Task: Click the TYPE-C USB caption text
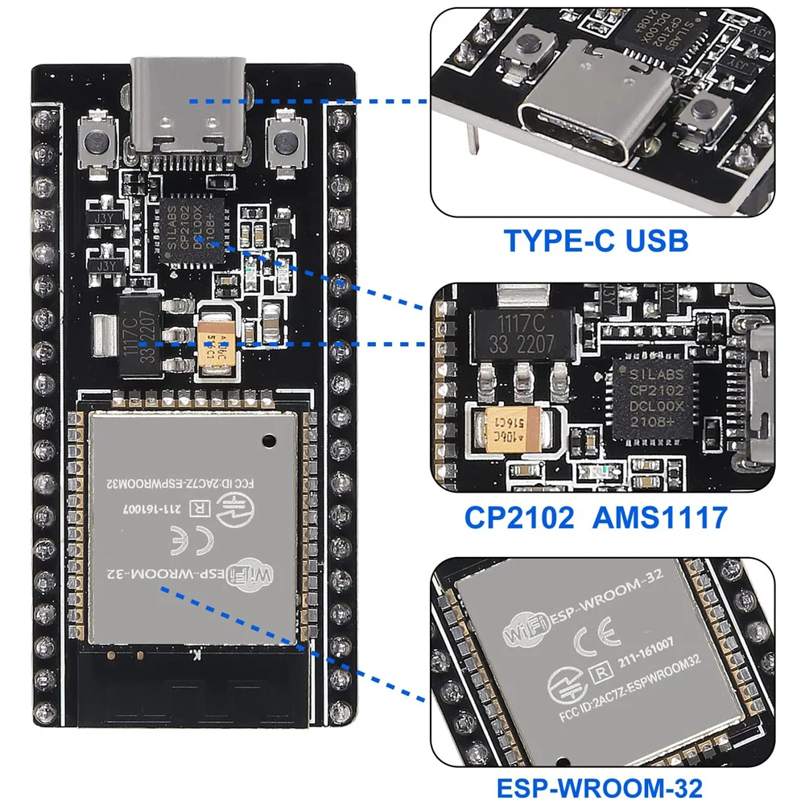[596, 241]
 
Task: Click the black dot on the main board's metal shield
[268, 439]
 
